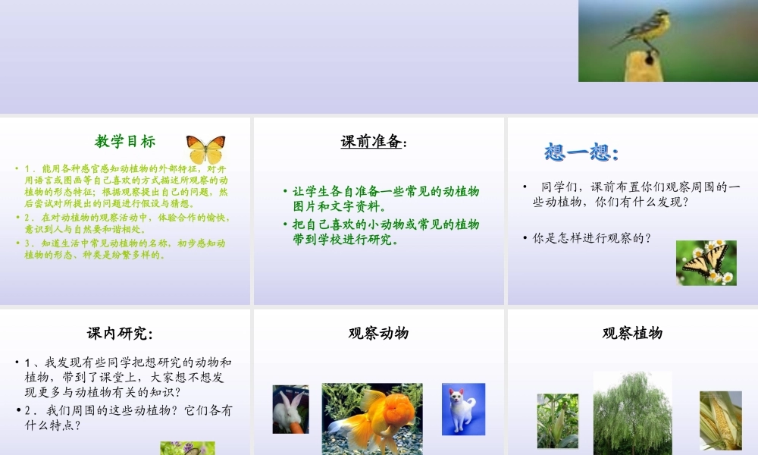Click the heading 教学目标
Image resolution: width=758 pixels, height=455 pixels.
125,141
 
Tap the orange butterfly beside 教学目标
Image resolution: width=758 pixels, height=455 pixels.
205,149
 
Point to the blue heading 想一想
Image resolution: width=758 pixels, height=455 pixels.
581,152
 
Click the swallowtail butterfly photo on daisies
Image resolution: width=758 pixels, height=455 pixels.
706,263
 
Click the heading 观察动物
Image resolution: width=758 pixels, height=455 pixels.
378,333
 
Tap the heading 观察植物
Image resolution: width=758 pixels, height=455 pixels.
632,333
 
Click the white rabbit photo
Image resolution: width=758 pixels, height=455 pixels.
290,409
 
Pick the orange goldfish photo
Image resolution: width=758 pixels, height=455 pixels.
372,418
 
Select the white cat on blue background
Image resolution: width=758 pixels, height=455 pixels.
463,409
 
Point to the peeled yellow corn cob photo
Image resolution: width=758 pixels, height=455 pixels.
720,420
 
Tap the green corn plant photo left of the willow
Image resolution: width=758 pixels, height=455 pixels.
557,421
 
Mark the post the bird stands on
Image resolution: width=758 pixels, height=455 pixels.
641,67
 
